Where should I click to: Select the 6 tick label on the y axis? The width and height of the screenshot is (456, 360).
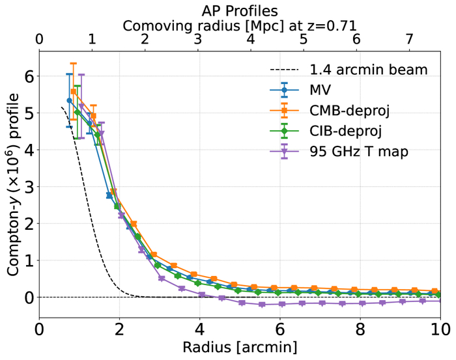[x=28, y=76]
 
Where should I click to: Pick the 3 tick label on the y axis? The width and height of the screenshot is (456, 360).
[x=28, y=187]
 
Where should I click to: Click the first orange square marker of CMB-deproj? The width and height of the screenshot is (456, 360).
[x=74, y=92]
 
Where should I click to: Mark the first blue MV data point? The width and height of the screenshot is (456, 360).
[x=69, y=101]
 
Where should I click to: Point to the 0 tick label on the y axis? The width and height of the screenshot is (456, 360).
[x=28, y=298]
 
